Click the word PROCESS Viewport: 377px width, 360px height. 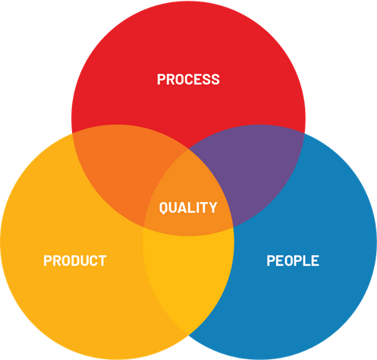[188, 79]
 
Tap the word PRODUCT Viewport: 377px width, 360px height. [75, 261]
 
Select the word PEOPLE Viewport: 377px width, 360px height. [293, 261]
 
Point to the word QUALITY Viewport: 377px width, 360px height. [188, 207]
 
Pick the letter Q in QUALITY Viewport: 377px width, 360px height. [163, 208]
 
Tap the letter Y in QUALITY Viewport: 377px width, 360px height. [213, 207]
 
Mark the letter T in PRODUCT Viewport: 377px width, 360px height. [102, 261]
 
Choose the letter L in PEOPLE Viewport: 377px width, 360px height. [306, 261]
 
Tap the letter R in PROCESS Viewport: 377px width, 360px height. [171, 79]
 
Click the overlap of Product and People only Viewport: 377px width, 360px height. [188, 276]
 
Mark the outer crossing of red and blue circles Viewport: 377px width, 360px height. [304, 133]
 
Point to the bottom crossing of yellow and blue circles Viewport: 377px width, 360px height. [188, 336]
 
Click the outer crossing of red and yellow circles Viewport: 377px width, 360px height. [72, 133]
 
